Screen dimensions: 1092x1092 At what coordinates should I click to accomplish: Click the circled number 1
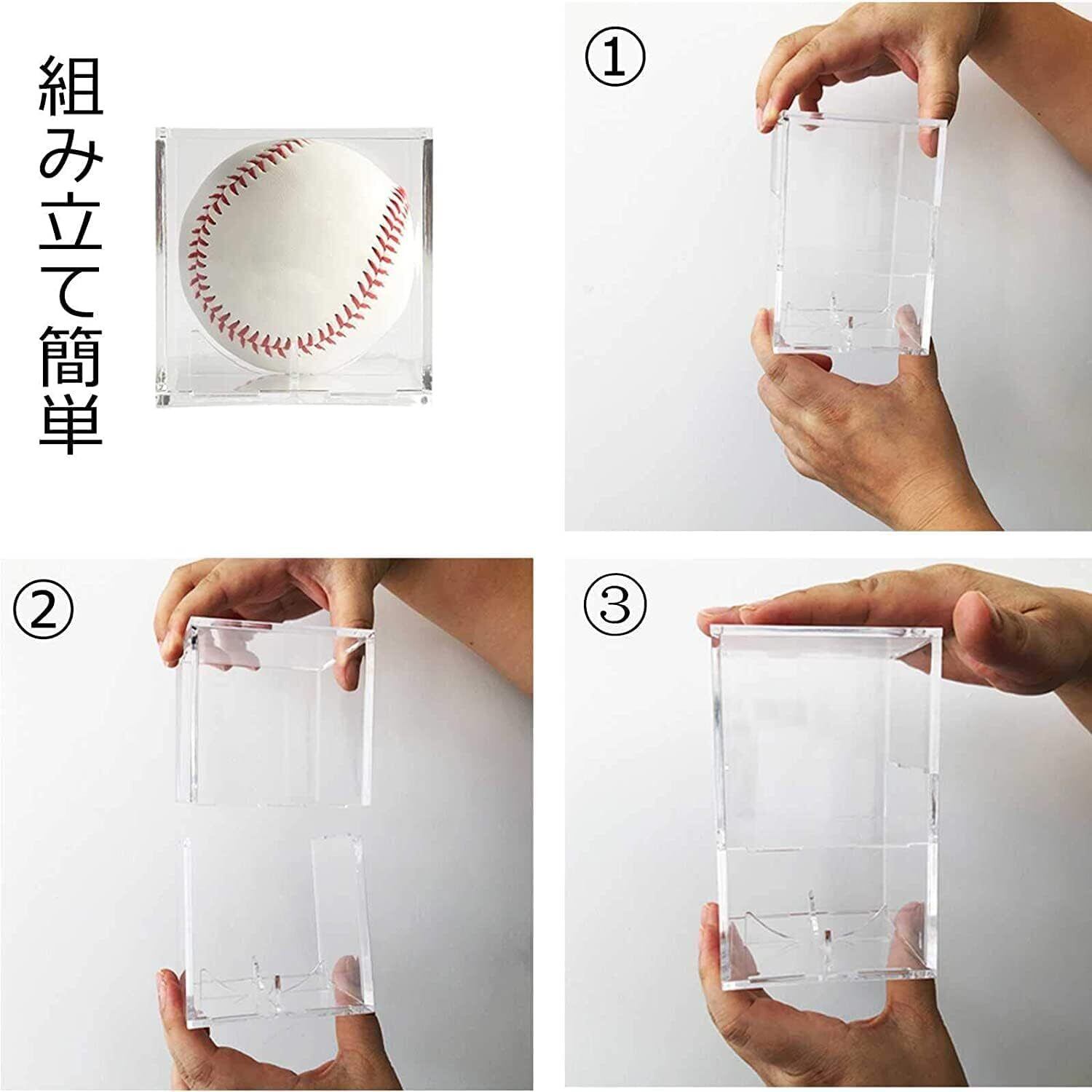pyautogui.click(x=615, y=58)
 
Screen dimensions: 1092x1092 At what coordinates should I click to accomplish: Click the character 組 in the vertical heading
pyautogui.click(x=70, y=86)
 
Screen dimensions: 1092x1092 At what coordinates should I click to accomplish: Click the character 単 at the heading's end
pyautogui.click(x=70, y=423)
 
